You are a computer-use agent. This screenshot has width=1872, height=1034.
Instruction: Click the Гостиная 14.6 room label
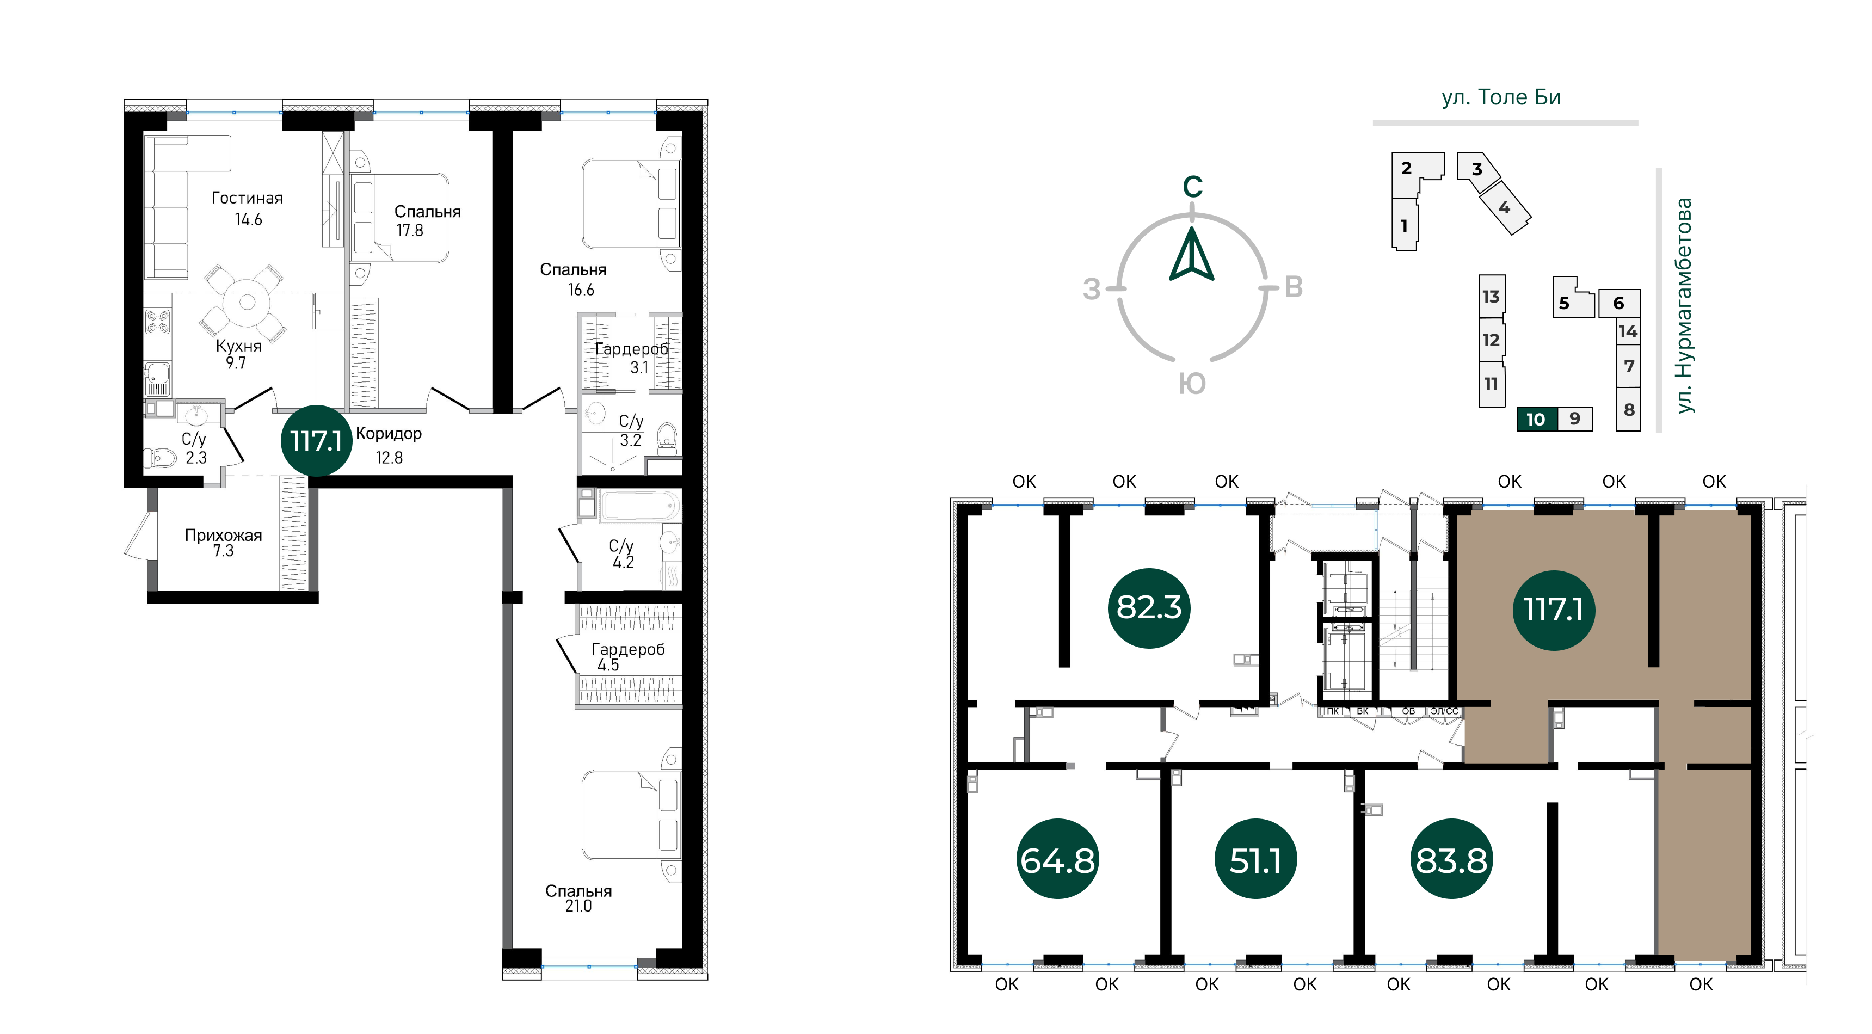point(247,208)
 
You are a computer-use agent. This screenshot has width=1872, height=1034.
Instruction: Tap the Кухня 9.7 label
point(238,354)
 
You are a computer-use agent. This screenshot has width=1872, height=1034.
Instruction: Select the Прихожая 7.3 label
point(223,543)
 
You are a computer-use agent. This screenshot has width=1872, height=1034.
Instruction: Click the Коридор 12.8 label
point(389,445)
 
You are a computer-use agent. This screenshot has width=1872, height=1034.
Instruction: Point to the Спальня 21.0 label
point(578,898)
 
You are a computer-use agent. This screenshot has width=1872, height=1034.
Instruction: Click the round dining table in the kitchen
point(247,302)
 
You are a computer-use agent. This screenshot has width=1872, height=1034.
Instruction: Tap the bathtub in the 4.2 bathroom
point(639,505)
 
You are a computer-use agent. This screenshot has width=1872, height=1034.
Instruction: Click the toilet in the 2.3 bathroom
point(161,458)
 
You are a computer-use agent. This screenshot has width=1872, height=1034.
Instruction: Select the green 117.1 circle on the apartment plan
point(316,440)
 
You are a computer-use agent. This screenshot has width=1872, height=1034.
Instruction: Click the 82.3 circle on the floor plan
point(1149,607)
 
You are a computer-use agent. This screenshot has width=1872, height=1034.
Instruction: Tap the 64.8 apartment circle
point(1057,860)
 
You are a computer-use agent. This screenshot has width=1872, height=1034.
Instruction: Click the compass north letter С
point(1192,187)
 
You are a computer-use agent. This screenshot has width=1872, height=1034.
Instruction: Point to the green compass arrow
point(1192,254)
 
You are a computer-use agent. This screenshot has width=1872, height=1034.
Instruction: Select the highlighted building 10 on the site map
point(1537,419)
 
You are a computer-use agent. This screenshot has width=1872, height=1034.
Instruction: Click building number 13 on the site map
point(1491,297)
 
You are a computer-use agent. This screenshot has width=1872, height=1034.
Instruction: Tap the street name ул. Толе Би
point(1501,97)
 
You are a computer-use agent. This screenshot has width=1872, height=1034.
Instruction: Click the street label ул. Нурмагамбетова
point(1684,306)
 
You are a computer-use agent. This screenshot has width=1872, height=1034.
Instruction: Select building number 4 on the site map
point(1504,208)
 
